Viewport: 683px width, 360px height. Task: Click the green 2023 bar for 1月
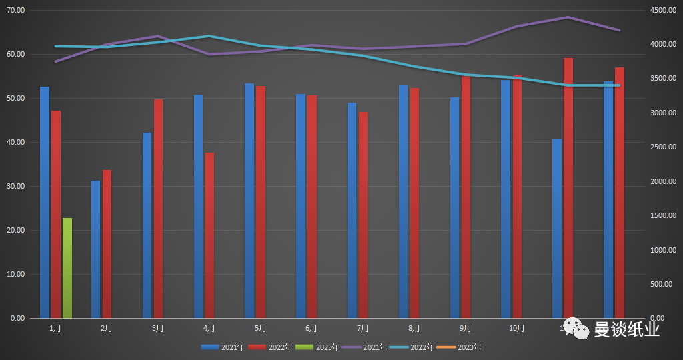(x=67, y=268)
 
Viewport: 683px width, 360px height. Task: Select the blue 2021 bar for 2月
(x=95, y=249)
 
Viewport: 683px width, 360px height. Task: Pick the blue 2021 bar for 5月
(x=249, y=201)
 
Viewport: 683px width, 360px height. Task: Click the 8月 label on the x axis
(x=414, y=328)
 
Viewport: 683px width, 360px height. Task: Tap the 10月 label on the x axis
(x=516, y=328)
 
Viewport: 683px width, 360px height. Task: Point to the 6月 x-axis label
(x=311, y=328)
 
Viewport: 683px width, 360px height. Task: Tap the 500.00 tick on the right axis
(x=664, y=284)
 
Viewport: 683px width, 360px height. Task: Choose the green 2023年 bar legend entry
(x=318, y=347)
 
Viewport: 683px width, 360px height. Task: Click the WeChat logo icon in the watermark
(x=575, y=327)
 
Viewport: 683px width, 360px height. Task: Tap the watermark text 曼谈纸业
(x=626, y=329)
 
